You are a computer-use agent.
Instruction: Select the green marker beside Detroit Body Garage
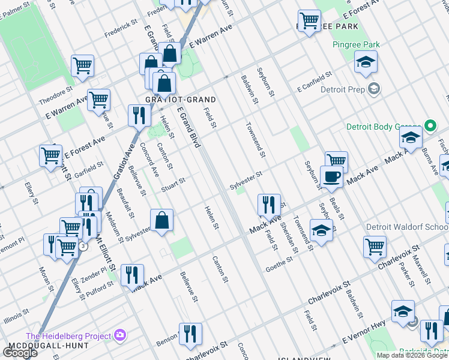(429, 126)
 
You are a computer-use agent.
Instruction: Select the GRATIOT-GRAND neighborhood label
(172, 99)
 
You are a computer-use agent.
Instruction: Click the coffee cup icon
(331, 177)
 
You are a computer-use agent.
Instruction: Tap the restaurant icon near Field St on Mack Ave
(269, 205)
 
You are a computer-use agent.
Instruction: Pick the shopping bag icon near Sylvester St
(161, 220)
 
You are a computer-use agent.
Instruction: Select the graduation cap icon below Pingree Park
(365, 62)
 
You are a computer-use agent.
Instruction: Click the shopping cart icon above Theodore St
(82, 65)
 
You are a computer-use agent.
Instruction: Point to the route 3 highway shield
(83, 246)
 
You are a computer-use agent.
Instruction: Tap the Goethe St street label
(281, 264)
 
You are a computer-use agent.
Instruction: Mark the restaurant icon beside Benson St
(190, 334)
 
